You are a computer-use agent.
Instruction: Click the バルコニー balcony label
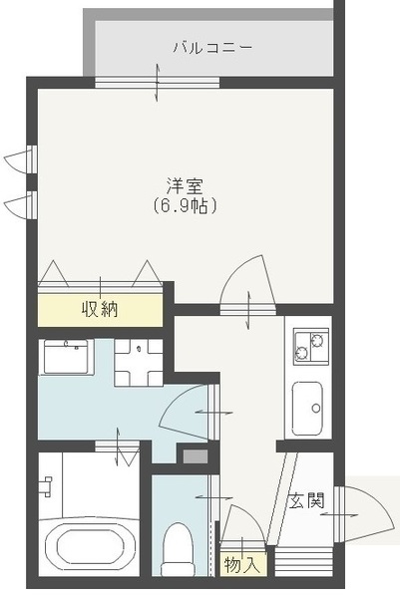(x=212, y=48)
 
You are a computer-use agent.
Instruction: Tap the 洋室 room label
(x=185, y=186)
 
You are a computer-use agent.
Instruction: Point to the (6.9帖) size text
(x=186, y=206)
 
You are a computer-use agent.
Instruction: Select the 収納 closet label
(x=100, y=309)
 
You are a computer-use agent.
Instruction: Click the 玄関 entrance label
(x=306, y=500)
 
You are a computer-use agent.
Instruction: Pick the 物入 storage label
(x=242, y=564)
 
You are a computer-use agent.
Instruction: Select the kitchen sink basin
(x=307, y=408)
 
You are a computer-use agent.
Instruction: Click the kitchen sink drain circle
(x=315, y=409)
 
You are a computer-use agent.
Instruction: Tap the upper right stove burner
(x=317, y=340)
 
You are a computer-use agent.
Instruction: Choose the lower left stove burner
(x=302, y=352)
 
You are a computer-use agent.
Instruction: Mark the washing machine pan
(x=139, y=363)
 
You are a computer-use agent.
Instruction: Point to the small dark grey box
(x=196, y=456)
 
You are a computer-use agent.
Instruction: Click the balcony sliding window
(x=157, y=83)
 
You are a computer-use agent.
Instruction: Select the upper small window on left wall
(x=32, y=159)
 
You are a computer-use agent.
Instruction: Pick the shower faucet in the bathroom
(x=47, y=486)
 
